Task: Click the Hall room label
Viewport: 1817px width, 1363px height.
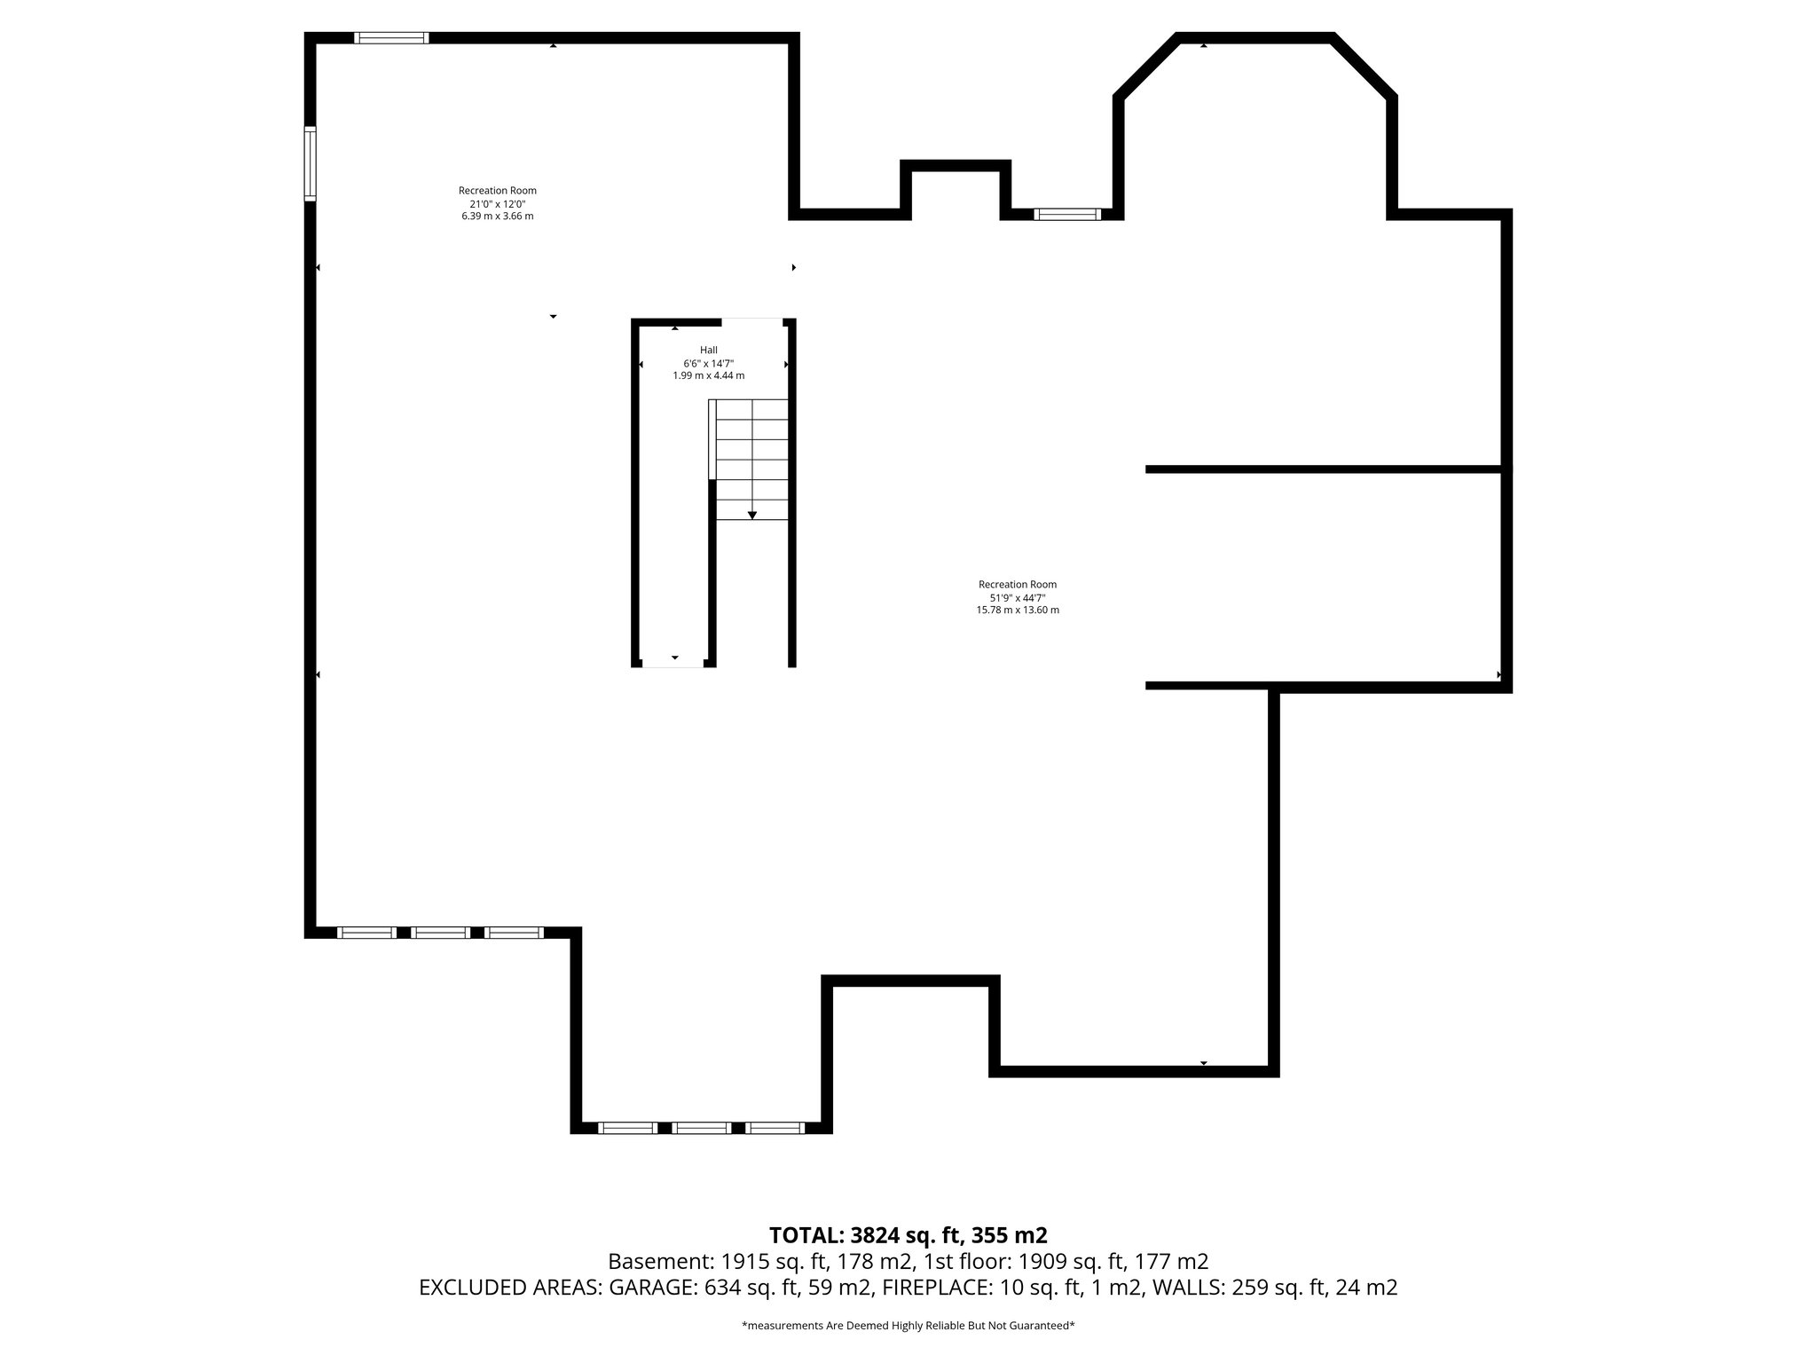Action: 708,350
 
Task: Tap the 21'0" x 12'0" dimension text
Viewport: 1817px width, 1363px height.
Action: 497,203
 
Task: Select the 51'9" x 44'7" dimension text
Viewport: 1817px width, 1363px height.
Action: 1017,597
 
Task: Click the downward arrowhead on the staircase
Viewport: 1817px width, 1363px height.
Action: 752,515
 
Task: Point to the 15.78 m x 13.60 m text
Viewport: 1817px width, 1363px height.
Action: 1017,611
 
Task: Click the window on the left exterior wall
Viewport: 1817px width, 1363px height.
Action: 310,163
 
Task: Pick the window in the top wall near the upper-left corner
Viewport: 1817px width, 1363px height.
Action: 391,38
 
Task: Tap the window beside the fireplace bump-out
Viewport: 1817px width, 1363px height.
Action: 1066,214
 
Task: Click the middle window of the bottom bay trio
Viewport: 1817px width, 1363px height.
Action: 701,1128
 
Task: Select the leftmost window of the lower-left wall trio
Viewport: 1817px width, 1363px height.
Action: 366,933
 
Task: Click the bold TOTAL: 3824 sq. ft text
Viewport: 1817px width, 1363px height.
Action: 908,1235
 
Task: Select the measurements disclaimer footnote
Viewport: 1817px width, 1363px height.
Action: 908,1326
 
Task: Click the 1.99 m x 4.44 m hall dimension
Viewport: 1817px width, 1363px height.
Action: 708,375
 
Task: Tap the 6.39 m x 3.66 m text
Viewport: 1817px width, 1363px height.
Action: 497,216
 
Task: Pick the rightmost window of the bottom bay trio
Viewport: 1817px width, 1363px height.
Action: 774,1128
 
